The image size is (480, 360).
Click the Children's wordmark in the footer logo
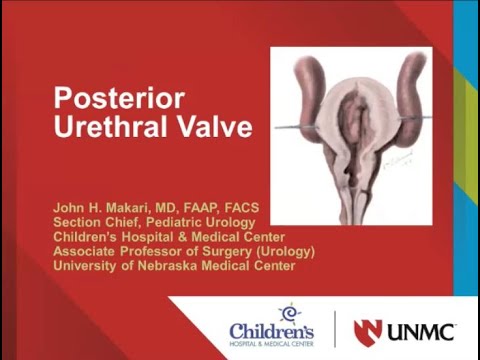271,330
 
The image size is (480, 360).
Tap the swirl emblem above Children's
289,312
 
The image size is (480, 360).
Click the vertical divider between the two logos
334,329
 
